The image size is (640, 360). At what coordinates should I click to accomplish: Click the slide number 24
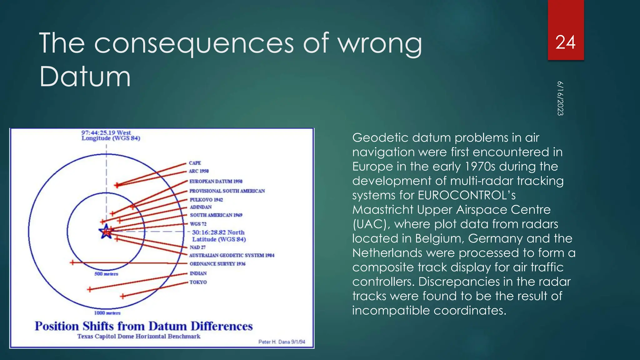[x=565, y=42]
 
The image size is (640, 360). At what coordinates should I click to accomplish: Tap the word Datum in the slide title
[x=85, y=77]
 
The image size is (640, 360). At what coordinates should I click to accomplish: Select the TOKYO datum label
[x=198, y=282]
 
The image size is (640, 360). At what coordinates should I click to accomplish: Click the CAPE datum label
[x=195, y=163]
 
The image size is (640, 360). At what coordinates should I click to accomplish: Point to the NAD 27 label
[x=197, y=247]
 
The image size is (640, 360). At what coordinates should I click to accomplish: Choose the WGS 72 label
[x=198, y=224]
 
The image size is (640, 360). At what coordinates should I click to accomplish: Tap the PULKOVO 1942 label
[x=206, y=200]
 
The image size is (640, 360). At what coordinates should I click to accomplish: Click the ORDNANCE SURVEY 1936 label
[x=217, y=264]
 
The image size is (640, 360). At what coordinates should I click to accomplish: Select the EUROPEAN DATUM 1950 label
[x=216, y=182]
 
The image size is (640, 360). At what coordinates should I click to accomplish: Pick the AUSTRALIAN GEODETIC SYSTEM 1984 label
[x=232, y=255]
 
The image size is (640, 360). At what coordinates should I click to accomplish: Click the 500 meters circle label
[x=106, y=274]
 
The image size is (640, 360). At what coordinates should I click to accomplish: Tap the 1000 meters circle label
[x=107, y=313]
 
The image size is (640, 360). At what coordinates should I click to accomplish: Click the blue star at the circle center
[x=106, y=232]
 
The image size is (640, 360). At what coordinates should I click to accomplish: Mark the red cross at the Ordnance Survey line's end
[x=72, y=262]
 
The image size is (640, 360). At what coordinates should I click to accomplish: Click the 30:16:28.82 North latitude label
[x=218, y=236]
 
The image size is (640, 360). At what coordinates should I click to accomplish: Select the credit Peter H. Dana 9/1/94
[x=282, y=342]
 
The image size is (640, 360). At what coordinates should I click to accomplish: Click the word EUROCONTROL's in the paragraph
[x=467, y=195]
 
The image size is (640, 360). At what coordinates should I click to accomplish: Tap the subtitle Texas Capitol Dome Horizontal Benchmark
[x=139, y=337]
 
